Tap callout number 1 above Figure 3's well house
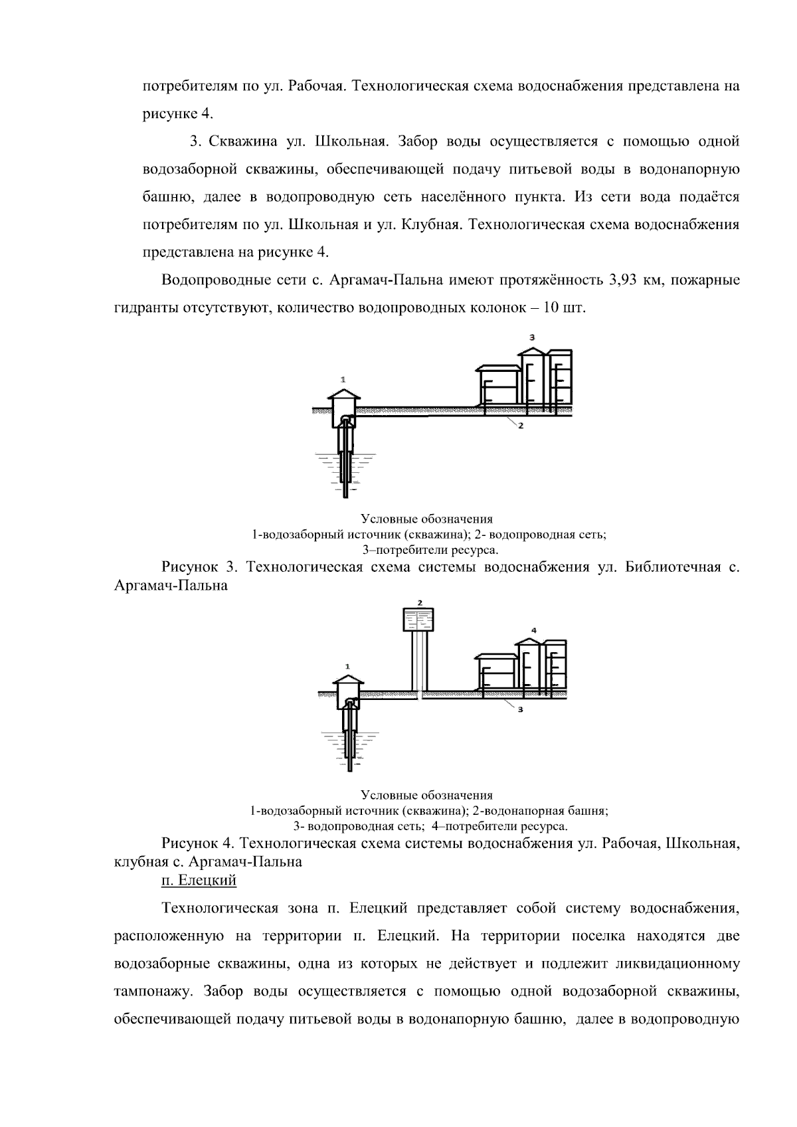click(x=343, y=379)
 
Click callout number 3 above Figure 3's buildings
click(x=532, y=337)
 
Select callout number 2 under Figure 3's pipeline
click(x=521, y=426)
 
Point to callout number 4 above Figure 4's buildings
click(x=533, y=629)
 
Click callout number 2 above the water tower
click(x=419, y=602)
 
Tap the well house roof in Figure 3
click(x=343, y=392)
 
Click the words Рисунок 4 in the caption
click(x=198, y=843)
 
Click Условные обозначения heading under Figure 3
click(x=427, y=519)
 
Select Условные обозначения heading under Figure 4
click(x=427, y=795)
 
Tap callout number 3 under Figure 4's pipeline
click(x=521, y=709)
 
